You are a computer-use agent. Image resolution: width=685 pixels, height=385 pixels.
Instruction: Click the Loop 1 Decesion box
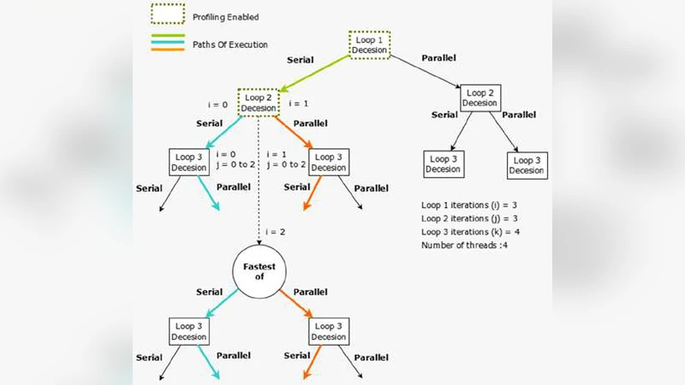(x=370, y=44)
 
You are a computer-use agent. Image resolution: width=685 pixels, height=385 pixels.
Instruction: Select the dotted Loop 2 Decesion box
(x=258, y=104)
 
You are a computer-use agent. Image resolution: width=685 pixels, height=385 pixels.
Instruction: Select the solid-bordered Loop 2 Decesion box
(x=479, y=98)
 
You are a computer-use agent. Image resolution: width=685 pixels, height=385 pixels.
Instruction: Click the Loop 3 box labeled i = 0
(x=188, y=162)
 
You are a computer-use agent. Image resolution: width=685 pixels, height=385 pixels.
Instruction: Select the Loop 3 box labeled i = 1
(x=330, y=162)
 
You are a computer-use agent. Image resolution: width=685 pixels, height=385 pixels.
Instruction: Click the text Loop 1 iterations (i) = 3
(x=470, y=206)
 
